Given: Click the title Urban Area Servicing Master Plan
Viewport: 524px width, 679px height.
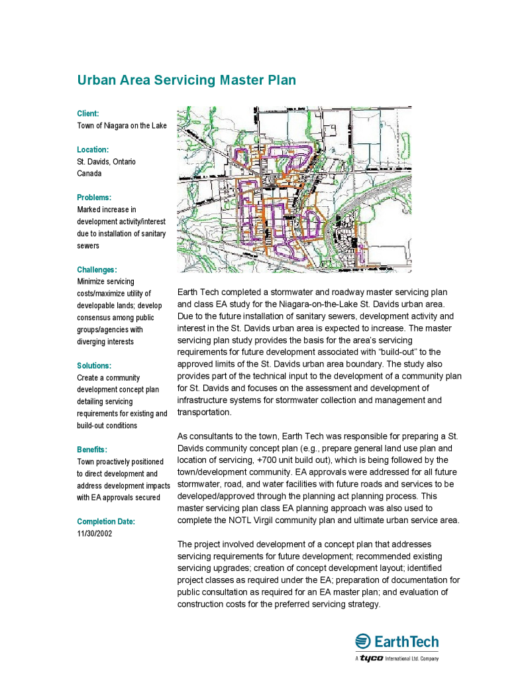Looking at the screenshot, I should [186, 80].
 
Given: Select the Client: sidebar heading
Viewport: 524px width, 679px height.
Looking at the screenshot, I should [87, 114].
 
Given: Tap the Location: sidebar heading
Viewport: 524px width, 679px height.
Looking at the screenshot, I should [93, 150].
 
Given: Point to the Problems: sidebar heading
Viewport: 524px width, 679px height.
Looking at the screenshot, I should [94, 198].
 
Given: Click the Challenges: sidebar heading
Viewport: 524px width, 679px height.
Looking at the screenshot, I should [97, 270].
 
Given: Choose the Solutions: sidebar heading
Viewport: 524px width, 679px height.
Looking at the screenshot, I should [94, 365].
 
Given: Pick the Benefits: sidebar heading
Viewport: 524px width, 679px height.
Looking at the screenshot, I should [92, 450].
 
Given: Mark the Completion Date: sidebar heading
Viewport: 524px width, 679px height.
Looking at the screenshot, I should [106, 522].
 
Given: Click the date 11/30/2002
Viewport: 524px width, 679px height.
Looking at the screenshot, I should [95, 534].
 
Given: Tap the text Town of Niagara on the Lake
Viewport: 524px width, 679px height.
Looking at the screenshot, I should [122, 126].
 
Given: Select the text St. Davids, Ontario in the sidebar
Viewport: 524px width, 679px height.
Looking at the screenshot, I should [106, 162].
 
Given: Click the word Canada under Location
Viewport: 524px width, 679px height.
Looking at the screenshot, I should [89, 174].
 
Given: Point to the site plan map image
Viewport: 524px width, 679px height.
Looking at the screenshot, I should [294, 190].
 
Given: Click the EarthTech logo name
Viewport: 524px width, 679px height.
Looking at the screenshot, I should [407, 642].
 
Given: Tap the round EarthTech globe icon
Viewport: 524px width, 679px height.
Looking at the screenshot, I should [362, 641].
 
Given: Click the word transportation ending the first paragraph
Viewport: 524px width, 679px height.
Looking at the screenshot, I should [205, 412].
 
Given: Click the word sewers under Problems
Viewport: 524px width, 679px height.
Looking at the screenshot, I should [88, 245].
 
